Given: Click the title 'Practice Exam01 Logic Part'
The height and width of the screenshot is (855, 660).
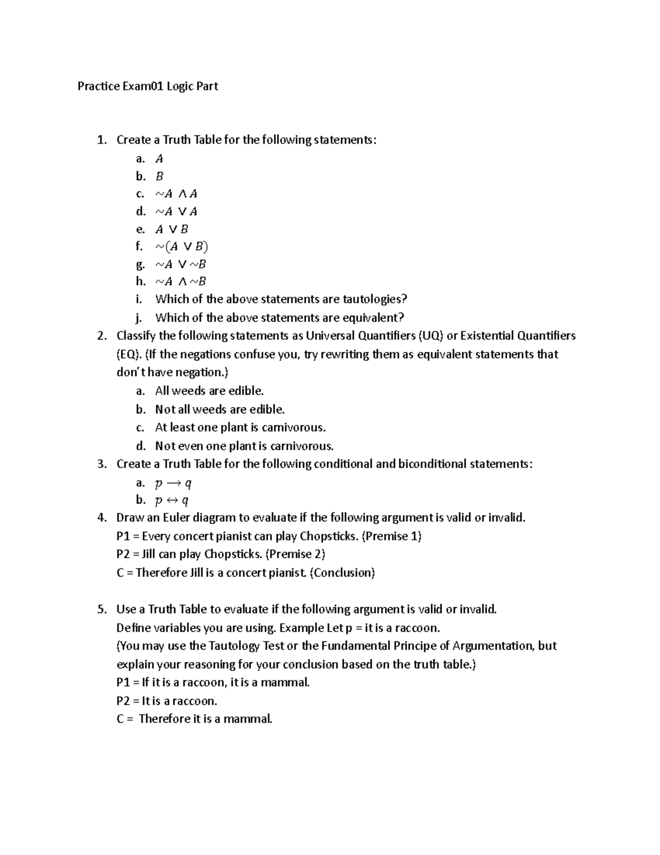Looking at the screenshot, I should (x=147, y=86).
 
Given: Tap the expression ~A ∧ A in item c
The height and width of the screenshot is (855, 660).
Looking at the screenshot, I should (x=176, y=194).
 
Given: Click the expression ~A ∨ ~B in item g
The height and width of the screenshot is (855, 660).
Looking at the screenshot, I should (x=180, y=264).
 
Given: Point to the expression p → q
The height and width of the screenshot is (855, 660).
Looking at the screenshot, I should (x=173, y=483).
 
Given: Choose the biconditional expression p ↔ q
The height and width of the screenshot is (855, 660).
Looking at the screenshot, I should (x=172, y=500).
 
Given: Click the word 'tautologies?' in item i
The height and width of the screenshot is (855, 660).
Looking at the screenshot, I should (x=375, y=299).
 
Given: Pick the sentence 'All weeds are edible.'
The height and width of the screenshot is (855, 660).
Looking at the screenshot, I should (x=209, y=391).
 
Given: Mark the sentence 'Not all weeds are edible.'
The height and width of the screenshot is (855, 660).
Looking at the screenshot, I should (x=219, y=410).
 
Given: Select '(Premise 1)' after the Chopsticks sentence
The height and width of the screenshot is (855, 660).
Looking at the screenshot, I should (x=391, y=536).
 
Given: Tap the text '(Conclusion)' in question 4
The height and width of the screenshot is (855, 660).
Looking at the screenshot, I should (x=342, y=573).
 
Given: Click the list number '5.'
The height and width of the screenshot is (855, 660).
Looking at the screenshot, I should (x=102, y=609).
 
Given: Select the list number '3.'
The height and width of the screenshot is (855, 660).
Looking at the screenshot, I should (x=102, y=464).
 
